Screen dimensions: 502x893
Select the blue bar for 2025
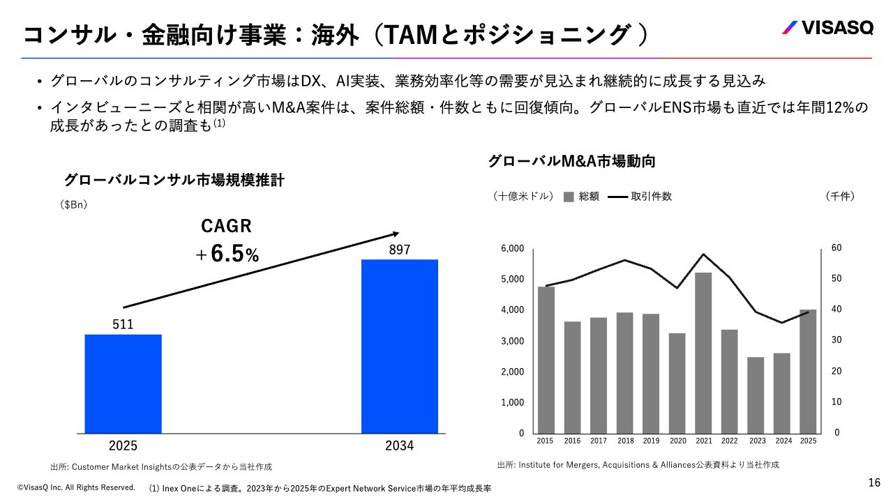(123, 383)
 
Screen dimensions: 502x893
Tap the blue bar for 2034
(399, 346)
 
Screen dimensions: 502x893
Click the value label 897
(399, 250)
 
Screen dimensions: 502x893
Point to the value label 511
(123, 324)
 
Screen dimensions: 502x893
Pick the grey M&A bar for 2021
(703, 352)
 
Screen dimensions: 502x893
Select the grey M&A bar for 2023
(756, 395)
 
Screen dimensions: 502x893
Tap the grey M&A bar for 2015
(546, 359)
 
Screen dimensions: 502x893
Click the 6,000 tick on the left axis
(512, 249)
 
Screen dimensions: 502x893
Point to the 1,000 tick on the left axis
(512, 402)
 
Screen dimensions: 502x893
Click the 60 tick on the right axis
(837, 248)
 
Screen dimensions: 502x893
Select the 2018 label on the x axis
(625, 441)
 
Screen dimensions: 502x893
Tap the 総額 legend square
(568, 197)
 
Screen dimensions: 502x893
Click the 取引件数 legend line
(618, 197)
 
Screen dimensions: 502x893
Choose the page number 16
(874, 482)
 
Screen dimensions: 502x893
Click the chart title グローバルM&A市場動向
(571, 161)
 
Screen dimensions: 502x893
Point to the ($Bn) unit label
(74, 204)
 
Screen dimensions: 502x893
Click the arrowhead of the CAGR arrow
(396, 234)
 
